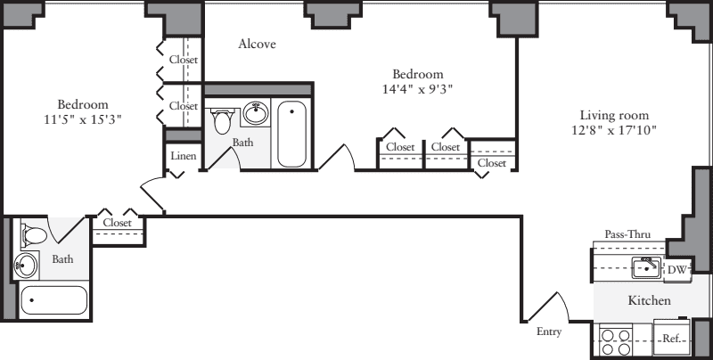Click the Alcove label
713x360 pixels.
coord(257,44)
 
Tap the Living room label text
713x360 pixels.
coord(614,115)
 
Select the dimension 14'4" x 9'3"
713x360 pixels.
coord(417,89)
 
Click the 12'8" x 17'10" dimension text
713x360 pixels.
coord(614,130)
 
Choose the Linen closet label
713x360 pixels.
coord(183,157)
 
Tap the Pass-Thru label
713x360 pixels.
coord(627,234)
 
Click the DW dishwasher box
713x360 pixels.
coord(677,268)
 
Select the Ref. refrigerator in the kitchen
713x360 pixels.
coord(672,338)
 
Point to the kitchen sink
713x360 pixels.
coord(644,266)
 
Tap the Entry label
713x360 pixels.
coord(550,331)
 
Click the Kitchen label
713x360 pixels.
coord(650,301)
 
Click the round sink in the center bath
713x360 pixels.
coord(256,114)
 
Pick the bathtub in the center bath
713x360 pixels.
coord(292,135)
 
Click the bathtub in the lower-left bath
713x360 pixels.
coord(54,300)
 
